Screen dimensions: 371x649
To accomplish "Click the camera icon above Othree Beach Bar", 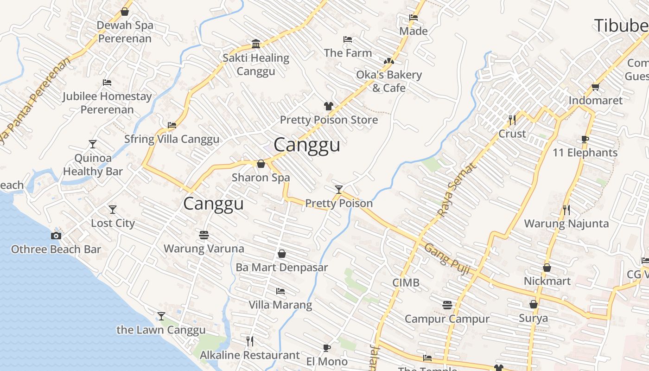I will tap(56, 236).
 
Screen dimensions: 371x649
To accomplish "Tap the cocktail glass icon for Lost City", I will tap(112, 210).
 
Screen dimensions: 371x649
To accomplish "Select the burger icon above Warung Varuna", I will tap(204, 235).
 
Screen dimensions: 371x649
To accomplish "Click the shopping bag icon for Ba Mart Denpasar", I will tap(281, 254).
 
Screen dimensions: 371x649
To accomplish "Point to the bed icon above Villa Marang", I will tap(280, 291).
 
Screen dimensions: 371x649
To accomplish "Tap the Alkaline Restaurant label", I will tap(249, 355).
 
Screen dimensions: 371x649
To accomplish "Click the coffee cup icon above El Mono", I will tap(327, 348).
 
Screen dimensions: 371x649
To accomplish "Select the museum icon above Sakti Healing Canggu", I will tap(255, 44).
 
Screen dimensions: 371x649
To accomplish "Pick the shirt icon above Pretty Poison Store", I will tap(329, 106).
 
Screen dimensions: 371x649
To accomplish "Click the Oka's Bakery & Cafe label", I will tap(389, 81).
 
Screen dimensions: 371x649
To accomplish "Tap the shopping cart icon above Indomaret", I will tap(596, 87).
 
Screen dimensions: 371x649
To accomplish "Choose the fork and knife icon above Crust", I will tap(512, 120).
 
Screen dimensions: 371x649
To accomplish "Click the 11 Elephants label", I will tap(585, 153).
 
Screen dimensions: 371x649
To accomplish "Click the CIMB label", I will tap(406, 282).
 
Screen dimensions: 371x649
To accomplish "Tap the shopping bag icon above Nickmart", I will tap(547, 268).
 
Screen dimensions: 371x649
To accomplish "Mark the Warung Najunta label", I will tap(566, 224).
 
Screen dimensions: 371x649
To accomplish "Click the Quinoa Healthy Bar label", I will tap(93, 165).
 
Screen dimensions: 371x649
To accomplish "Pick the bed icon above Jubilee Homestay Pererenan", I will tap(107, 83).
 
